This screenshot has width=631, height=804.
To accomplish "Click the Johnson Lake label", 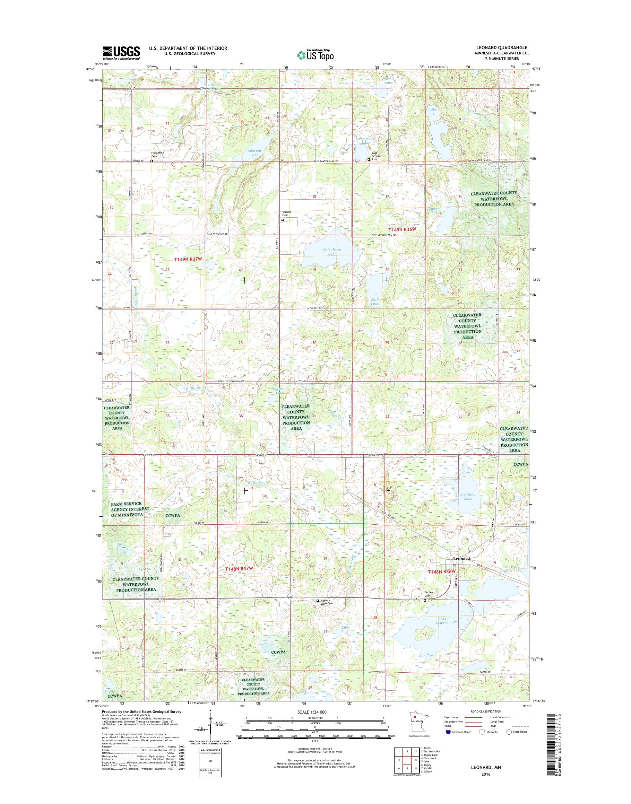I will pyautogui.click(x=254, y=153).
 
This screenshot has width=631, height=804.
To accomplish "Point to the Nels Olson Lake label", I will pyautogui.click(x=332, y=252).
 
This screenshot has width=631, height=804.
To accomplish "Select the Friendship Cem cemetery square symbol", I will pyautogui.click(x=152, y=161).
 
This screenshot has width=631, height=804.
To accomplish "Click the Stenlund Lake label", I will pyautogui.click(x=468, y=496).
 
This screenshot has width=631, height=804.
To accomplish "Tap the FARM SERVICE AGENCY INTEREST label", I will pyautogui.click(x=130, y=509).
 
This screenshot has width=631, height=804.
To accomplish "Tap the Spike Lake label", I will pyautogui.click(x=432, y=112).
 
